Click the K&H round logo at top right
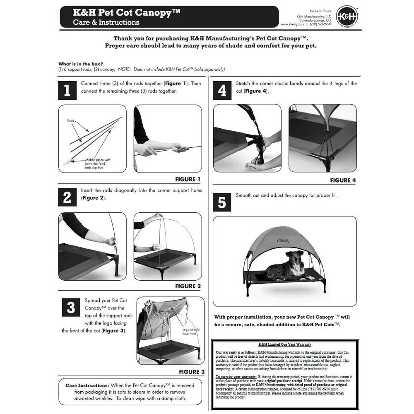coord(347,17)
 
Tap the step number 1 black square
coord(67,90)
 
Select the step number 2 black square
coord(67,197)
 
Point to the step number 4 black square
coord(222,90)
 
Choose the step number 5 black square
coord(222,202)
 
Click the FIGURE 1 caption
coord(188,179)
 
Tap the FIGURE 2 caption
coord(188,286)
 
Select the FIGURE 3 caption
coord(192,372)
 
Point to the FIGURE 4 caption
coord(343,180)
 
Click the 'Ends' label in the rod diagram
coord(70,121)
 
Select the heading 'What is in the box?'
coord(80,64)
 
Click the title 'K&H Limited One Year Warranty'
coord(285,344)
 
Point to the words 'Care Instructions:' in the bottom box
coord(87,385)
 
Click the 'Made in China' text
coord(320,11)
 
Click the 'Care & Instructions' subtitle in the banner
coord(106,22)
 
